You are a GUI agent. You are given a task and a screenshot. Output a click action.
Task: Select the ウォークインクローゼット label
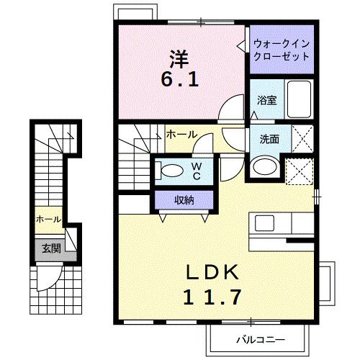(x=282, y=50)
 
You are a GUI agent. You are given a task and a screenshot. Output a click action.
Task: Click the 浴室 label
(x=267, y=100)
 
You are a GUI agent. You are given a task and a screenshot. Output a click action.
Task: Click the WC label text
(x=195, y=171)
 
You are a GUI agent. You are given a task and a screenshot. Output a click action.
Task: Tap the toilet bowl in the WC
(x=172, y=171)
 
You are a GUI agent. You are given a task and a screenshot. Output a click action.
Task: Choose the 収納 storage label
(x=183, y=199)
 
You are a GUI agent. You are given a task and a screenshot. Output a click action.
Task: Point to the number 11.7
(x=212, y=295)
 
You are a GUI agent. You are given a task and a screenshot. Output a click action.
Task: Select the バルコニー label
(x=260, y=338)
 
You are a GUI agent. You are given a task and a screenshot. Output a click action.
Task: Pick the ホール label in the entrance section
(x=48, y=217)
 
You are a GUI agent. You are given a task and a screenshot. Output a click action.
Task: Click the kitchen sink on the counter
(x=264, y=222)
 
